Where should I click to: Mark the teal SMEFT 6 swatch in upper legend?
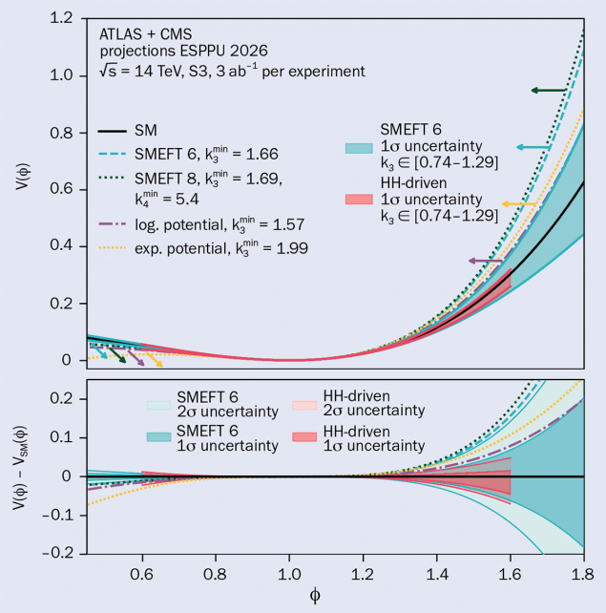coord(359,148)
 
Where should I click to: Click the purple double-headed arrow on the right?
coord(485,260)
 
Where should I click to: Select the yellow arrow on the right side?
coord(517,205)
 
